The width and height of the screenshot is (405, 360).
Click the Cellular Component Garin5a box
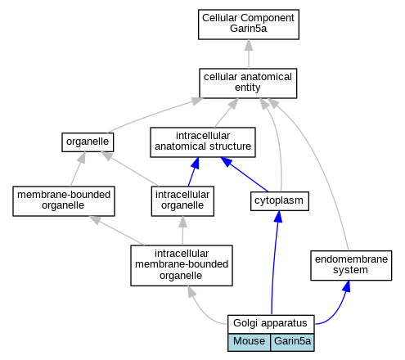pos(249,25)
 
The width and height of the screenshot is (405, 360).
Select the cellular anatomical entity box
pos(248,83)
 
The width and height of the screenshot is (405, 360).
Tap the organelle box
pos(88,142)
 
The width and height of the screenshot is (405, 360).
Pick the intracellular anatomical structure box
pos(203,142)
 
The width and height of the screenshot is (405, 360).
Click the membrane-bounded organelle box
pos(64,201)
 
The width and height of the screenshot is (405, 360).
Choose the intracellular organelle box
pos(182,201)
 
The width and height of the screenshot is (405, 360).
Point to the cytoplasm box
pos(280,201)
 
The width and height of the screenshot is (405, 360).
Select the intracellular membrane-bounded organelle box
pos(182,265)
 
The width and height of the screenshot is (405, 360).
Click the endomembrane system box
pos(351,265)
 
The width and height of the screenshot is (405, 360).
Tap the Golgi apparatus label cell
pos(271,324)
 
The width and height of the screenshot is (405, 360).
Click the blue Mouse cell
pos(249,342)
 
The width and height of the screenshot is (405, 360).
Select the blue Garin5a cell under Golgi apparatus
pos(292,342)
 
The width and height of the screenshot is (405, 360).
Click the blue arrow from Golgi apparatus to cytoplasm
pos(273,262)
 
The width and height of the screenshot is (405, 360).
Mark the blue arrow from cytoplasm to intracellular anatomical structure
pos(244,174)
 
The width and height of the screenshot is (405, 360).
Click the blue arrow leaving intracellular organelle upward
pos(193,172)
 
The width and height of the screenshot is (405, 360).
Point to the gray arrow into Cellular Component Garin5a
pos(249,54)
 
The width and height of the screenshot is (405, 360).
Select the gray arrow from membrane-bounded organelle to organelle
pos(78,169)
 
